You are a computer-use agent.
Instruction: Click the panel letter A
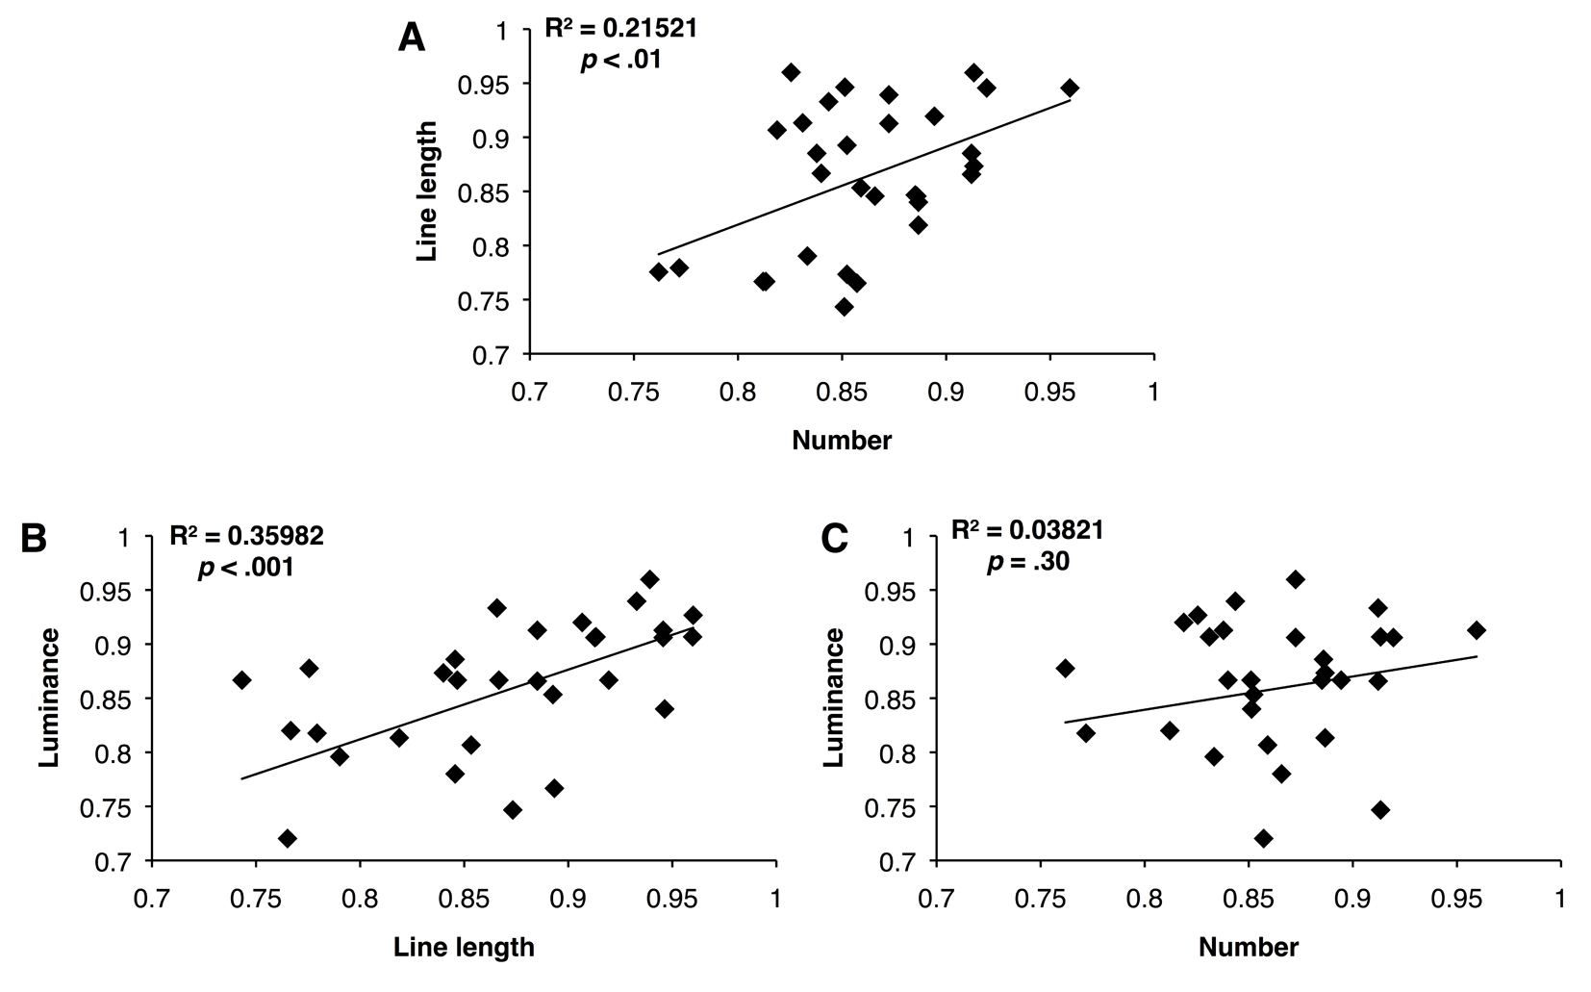412,38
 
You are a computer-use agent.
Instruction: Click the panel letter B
34,539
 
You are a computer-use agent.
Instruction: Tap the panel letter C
835,539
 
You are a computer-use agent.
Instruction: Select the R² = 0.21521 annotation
621,28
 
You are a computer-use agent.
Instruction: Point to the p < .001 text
245,568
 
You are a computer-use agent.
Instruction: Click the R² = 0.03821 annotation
1027,530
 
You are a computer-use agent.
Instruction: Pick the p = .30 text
1028,562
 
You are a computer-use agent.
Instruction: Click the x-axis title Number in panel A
842,441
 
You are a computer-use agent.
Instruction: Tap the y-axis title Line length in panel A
427,191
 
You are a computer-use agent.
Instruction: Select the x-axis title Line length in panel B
464,947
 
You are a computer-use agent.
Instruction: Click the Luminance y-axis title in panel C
834,698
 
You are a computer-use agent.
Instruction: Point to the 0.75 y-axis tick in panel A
484,301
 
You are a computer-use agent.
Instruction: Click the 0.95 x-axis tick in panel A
1049,393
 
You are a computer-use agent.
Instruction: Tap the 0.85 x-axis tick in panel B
464,900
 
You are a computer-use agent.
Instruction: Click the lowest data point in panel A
844,307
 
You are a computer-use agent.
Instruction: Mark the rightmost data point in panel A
1070,89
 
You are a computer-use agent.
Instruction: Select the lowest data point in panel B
287,838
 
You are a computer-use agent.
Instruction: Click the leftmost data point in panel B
241,680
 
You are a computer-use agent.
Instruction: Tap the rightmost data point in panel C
1477,629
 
